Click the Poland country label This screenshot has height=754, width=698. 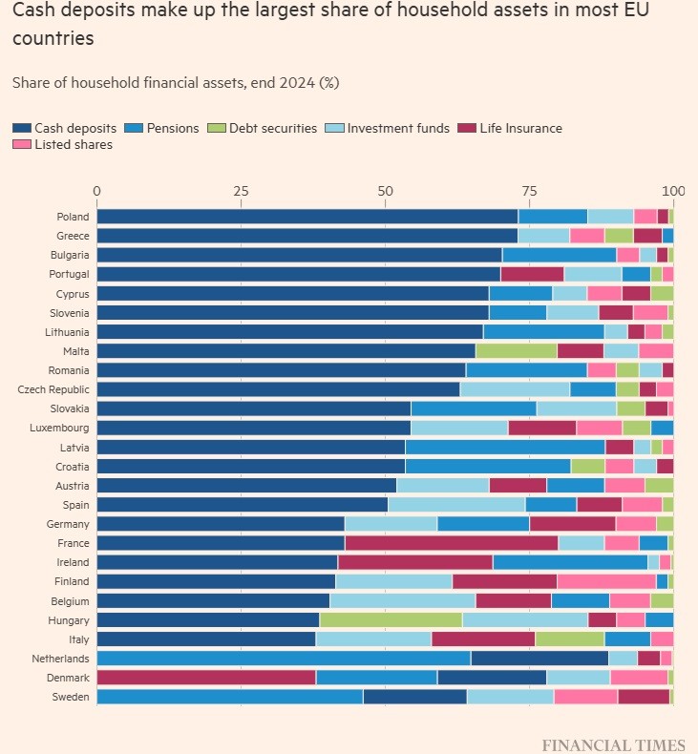[74, 217]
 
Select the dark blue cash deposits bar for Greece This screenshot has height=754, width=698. [307, 236]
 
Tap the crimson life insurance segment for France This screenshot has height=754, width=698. [451, 543]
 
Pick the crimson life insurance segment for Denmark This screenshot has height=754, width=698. [206, 678]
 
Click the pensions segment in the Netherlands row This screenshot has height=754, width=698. [284, 659]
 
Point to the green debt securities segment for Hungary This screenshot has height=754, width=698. [390, 619]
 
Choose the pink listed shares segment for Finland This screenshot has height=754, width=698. [606, 581]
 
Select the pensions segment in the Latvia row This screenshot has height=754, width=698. [505, 447]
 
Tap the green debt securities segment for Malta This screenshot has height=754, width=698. [516, 350]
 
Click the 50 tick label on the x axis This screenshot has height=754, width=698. [385, 191]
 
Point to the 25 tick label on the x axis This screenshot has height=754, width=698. [241, 191]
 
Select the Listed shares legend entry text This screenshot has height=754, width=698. [74, 145]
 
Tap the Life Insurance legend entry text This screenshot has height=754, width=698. [520, 128]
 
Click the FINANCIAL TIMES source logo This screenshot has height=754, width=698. [613, 744]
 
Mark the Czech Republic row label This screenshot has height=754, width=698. [54, 389]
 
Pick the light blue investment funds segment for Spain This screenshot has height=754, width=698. [456, 504]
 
